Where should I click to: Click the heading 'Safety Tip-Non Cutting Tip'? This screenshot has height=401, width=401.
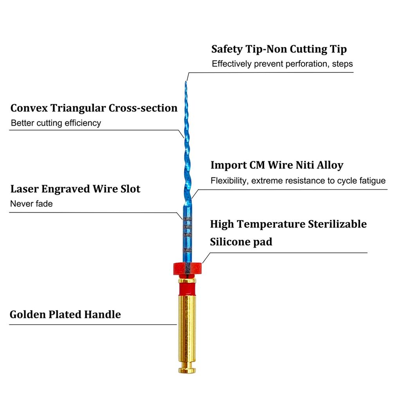pos(279,49)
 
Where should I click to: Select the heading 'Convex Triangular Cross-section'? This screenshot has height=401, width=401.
pos(94,108)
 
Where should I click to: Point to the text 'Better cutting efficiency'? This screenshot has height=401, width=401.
pos(56,123)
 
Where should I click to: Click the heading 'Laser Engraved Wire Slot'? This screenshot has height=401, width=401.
pos(76,189)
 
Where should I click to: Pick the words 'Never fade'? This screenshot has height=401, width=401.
pos(31,204)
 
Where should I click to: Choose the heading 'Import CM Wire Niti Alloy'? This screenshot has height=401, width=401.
pos(277,165)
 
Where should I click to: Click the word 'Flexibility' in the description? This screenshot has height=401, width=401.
pos(229,181)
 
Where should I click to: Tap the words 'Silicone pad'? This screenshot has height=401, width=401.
pos(241,242)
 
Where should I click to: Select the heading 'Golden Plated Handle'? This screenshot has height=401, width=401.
pos(65,314)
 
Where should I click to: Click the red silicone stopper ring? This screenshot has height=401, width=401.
pos(187,269)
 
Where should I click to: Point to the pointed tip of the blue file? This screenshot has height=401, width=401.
pos(186,81)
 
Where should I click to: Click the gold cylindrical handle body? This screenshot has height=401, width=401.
pos(187,332)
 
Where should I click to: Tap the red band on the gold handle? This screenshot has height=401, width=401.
pos(187,289)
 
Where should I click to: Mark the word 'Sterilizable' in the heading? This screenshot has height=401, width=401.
pos(337,224)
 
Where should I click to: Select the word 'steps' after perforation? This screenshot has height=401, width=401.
pos(342,64)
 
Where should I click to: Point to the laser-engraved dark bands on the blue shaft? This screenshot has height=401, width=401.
pos(187,234)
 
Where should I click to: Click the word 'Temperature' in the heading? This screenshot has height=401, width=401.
pos(271,224)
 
